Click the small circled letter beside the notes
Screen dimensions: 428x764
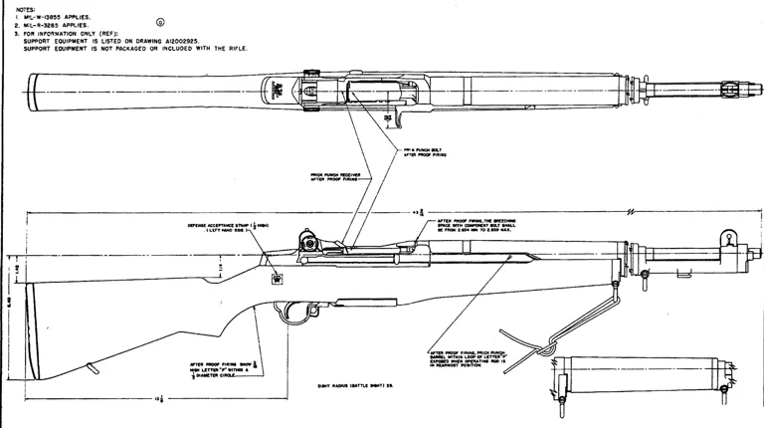161,22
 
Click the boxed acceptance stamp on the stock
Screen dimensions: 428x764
276,280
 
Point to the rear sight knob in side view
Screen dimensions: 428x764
308,240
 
